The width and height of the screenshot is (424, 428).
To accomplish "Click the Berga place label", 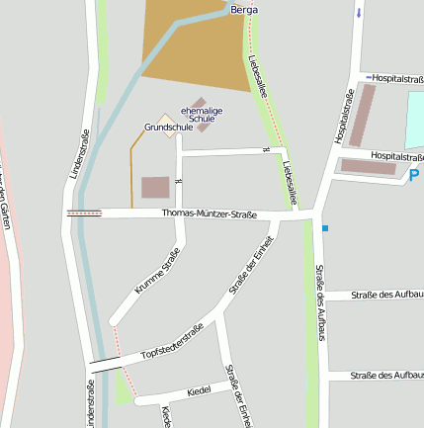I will [244, 9].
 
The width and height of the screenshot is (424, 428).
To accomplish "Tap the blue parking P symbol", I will [413, 176].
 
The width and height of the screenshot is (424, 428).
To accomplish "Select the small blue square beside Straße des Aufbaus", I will [324, 228].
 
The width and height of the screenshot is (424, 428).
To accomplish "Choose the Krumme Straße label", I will [157, 272].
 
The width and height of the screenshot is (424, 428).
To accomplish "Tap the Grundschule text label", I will [168, 128].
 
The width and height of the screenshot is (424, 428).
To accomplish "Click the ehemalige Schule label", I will [201, 114].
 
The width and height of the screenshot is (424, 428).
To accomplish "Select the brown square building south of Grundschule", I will [155, 187].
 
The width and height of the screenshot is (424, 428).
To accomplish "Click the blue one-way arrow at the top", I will [358, 12].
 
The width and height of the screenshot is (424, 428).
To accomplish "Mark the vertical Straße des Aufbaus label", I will [320, 302].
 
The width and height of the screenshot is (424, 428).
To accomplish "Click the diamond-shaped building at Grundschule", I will [169, 118].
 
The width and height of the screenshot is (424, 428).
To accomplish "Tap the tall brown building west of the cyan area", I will [364, 116].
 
